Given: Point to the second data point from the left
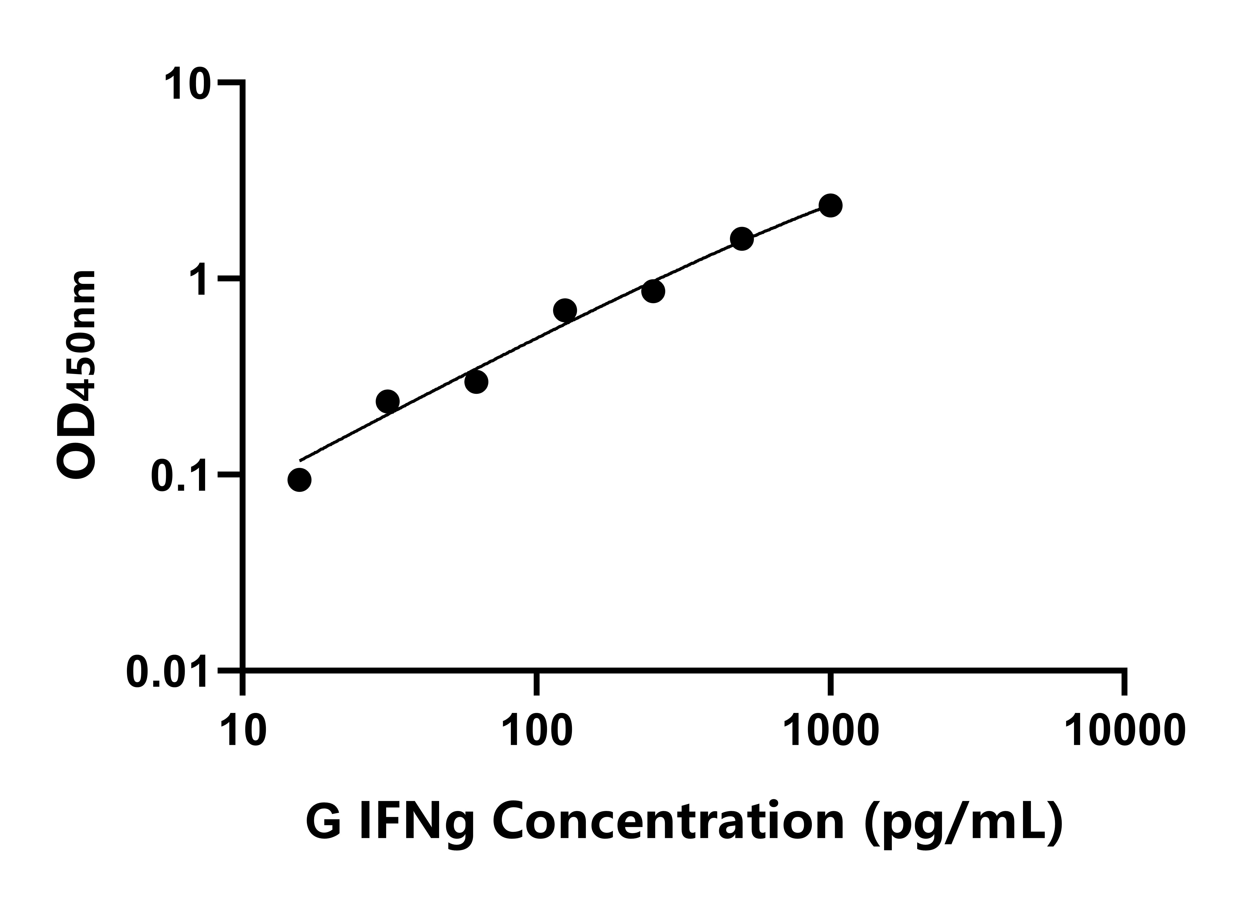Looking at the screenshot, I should (x=388, y=401).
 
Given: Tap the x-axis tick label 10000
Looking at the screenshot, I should (x=1124, y=730).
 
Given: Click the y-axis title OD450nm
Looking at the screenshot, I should (x=77, y=376).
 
